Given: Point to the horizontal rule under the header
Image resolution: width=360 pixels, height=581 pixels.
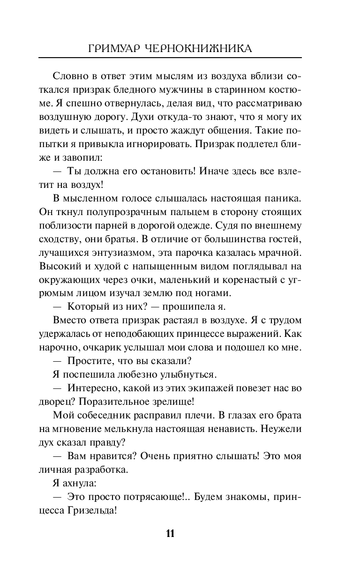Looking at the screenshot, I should point(170,58).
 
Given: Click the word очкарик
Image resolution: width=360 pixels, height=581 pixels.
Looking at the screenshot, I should point(107,347).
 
